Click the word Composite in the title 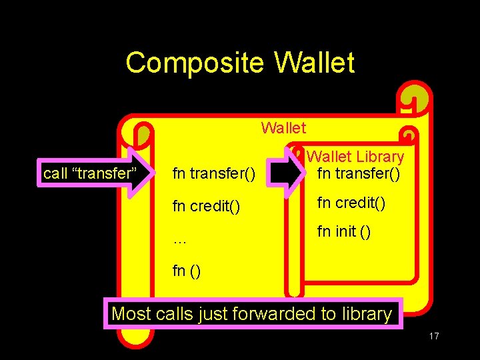195,63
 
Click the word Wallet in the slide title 314,63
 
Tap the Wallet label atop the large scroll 283,127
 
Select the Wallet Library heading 355,157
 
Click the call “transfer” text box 89,174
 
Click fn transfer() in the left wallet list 213,175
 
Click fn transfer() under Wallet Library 359,174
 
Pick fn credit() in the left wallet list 206,207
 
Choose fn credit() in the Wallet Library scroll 351,202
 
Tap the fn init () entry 344,232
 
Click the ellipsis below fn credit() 179,240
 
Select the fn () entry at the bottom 187,271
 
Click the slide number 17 433,336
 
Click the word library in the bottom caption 366,313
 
